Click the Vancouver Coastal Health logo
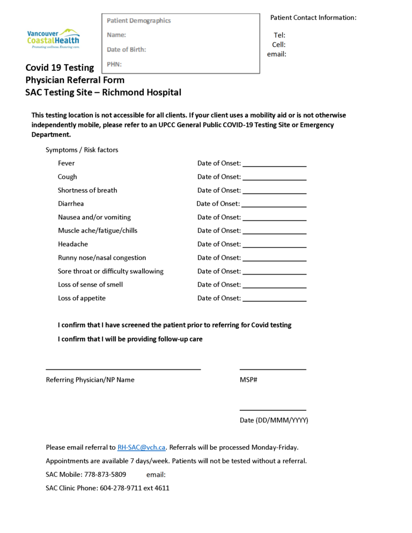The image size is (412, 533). (53, 39)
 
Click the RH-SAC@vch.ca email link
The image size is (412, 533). (142, 447)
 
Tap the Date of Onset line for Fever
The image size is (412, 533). (274, 166)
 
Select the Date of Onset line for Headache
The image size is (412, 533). (274, 247)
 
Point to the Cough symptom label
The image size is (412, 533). (67, 176)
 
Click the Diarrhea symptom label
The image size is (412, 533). (71, 204)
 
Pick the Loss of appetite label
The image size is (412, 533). (82, 298)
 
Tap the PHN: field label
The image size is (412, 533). (114, 64)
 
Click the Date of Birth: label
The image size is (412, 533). (126, 49)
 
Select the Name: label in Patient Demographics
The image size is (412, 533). (116, 35)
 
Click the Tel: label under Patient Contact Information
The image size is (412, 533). (279, 35)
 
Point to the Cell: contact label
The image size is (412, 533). (278, 45)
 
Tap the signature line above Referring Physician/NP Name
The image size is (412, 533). (123, 369)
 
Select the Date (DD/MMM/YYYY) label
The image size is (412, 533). (274, 420)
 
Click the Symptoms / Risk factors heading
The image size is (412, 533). (82, 150)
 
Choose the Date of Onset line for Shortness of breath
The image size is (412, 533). (274, 193)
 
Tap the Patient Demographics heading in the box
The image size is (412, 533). (138, 20)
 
